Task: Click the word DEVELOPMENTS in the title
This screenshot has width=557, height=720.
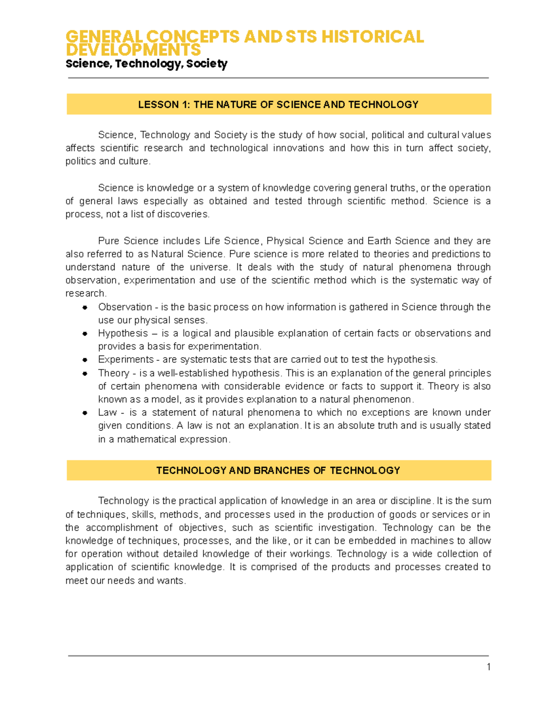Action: coord(133,50)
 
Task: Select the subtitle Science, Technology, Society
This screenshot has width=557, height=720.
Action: coord(146,64)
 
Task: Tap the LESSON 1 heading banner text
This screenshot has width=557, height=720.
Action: coord(278,105)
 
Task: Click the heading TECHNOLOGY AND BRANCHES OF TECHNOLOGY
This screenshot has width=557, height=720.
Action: coord(278,471)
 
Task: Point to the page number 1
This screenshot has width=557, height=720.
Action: coord(488,667)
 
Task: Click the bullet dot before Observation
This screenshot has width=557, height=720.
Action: coord(85,307)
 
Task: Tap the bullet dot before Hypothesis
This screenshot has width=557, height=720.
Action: coord(85,334)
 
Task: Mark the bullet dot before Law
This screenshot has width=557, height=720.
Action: coord(85,413)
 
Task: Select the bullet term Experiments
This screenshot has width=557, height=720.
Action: coord(119,360)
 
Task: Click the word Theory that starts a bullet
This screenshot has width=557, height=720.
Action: coord(111,373)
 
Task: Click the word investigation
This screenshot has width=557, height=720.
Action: coord(346,528)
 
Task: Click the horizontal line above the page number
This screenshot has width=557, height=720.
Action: coord(278,656)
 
